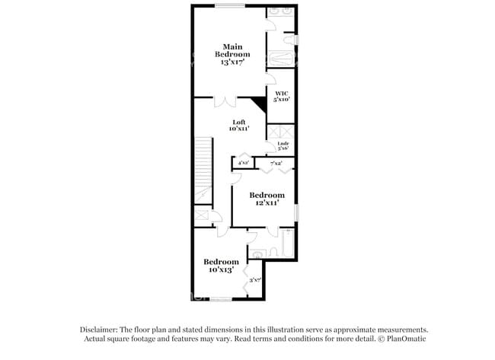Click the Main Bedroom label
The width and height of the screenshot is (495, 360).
[232, 50]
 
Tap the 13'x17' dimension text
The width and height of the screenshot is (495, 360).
[232, 63]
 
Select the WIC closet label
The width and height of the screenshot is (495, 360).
[282, 93]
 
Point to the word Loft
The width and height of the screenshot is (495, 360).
[239, 122]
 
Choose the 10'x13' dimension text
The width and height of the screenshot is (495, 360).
[221, 270]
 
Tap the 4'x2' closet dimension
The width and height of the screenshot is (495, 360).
[244, 162]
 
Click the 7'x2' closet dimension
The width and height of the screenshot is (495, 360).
[276, 162]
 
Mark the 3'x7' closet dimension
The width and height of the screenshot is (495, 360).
[255, 280]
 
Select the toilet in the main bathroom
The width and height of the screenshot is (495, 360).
[290, 40]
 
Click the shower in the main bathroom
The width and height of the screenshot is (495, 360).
[280, 59]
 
